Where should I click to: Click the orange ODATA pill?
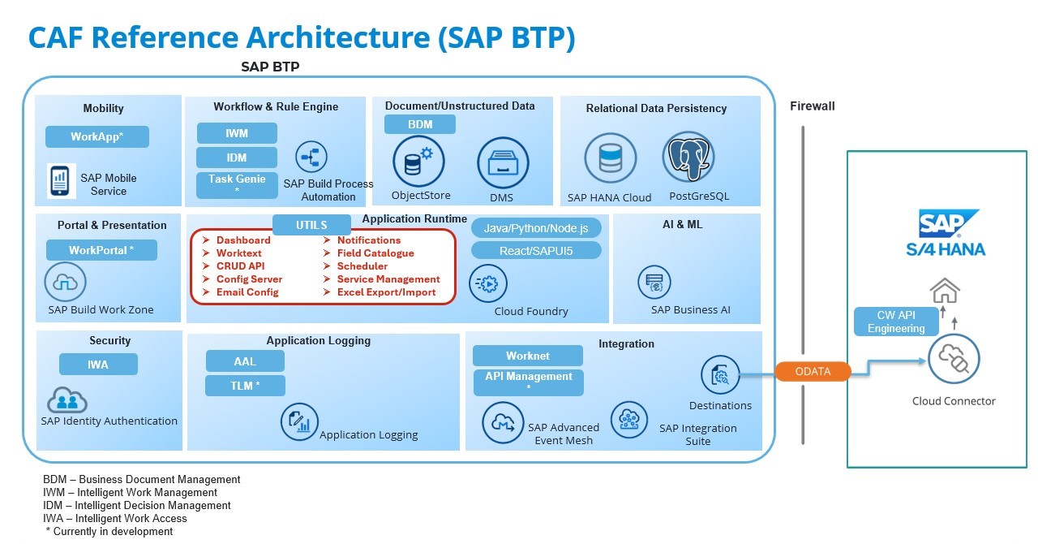point(813,371)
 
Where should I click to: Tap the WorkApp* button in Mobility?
point(97,136)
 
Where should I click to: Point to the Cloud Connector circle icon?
point(954,359)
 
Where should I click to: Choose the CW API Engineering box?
point(896,322)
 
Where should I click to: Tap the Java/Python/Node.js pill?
point(536,228)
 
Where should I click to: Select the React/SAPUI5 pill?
point(536,251)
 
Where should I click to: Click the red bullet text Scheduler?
point(362,266)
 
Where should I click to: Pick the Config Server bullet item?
point(248,279)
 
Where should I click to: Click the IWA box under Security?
point(98,365)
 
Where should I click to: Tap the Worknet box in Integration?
point(527,356)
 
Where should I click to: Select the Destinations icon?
point(720,375)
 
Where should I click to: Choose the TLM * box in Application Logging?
point(245,386)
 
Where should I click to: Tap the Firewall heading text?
point(812,106)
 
